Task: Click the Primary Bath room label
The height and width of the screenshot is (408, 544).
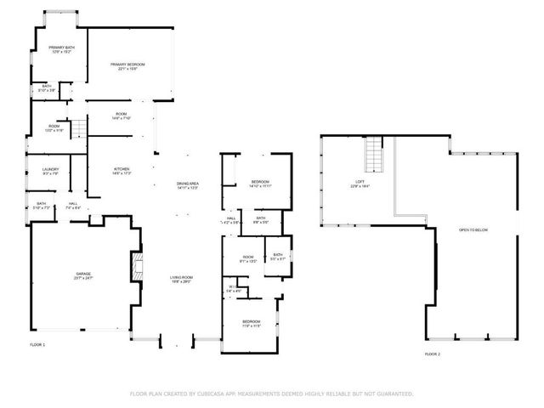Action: [x=60, y=49]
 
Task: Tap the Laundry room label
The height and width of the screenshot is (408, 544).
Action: [x=51, y=171]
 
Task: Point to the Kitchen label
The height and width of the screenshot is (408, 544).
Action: [x=122, y=171]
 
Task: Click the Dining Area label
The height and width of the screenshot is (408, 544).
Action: [x=187, y=184]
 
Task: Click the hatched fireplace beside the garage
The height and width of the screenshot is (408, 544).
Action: [x=135, y=266]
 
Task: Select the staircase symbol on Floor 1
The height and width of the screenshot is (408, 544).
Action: [x=77, y=128]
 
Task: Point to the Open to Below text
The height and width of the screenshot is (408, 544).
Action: [x=473, y=230]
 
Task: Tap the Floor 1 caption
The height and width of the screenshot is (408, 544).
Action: [x=37, y=344]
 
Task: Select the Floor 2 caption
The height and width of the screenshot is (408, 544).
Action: [x=433, y=354]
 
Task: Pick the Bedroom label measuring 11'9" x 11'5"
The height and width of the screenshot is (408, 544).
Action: [x=251, y=322]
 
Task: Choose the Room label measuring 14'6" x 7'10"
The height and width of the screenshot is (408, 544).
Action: [x=122, y=116]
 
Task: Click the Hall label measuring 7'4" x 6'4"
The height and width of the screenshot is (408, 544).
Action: [x=73, y=205]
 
